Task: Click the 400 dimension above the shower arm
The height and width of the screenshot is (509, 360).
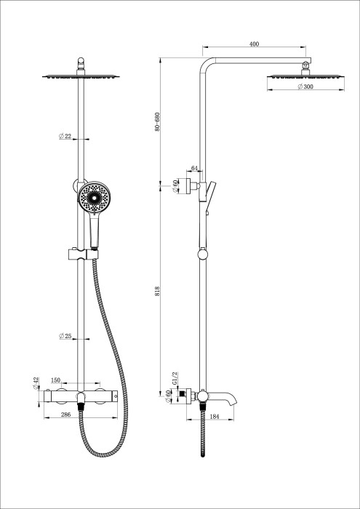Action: click(x=254, y=45)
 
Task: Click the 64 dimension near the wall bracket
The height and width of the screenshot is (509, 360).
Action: click(x=194, y=168)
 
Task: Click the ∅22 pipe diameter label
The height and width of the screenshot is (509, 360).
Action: click(x=65, y=136)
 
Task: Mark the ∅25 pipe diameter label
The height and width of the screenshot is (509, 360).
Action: click(x=65, y=336)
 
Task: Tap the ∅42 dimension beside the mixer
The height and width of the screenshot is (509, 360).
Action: click(x=36, y=382)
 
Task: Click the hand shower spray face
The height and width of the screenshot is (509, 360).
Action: click(x=94, y=199)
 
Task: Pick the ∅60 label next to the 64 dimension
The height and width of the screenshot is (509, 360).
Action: click(x=175, y=185)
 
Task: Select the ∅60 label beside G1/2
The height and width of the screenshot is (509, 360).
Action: click(x=169, y=396)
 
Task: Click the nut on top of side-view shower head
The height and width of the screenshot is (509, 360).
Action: click(x=305, y=66)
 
